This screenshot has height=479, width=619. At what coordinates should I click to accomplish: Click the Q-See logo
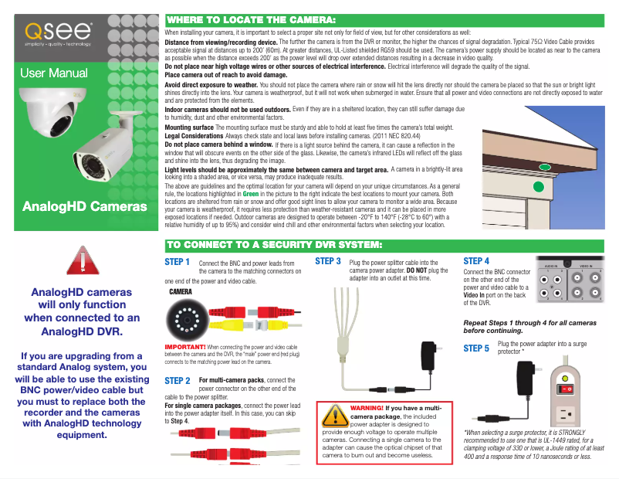point(59,34)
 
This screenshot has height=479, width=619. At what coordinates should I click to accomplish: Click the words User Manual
point(53,74)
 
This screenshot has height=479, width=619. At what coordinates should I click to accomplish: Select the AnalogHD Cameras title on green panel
point(85,207)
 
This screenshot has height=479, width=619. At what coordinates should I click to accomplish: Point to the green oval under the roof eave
point(545,167)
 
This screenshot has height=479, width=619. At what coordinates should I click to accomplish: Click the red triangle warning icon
point(77,260)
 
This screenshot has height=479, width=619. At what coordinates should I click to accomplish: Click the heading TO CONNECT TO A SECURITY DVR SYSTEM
point(274,246)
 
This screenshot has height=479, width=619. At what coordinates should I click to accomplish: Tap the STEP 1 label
point(178,263)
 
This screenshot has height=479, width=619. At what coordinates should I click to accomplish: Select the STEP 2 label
point(178,381)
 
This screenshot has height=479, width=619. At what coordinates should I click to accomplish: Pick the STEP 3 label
point(329,262)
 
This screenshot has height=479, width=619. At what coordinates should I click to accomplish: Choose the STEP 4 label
point(476,261)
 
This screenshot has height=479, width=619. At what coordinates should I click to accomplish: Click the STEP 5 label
point(476,348)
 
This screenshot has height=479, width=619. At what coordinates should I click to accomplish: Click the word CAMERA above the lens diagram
point(180,293)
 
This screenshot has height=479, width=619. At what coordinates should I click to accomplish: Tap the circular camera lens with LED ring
point(186,320)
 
